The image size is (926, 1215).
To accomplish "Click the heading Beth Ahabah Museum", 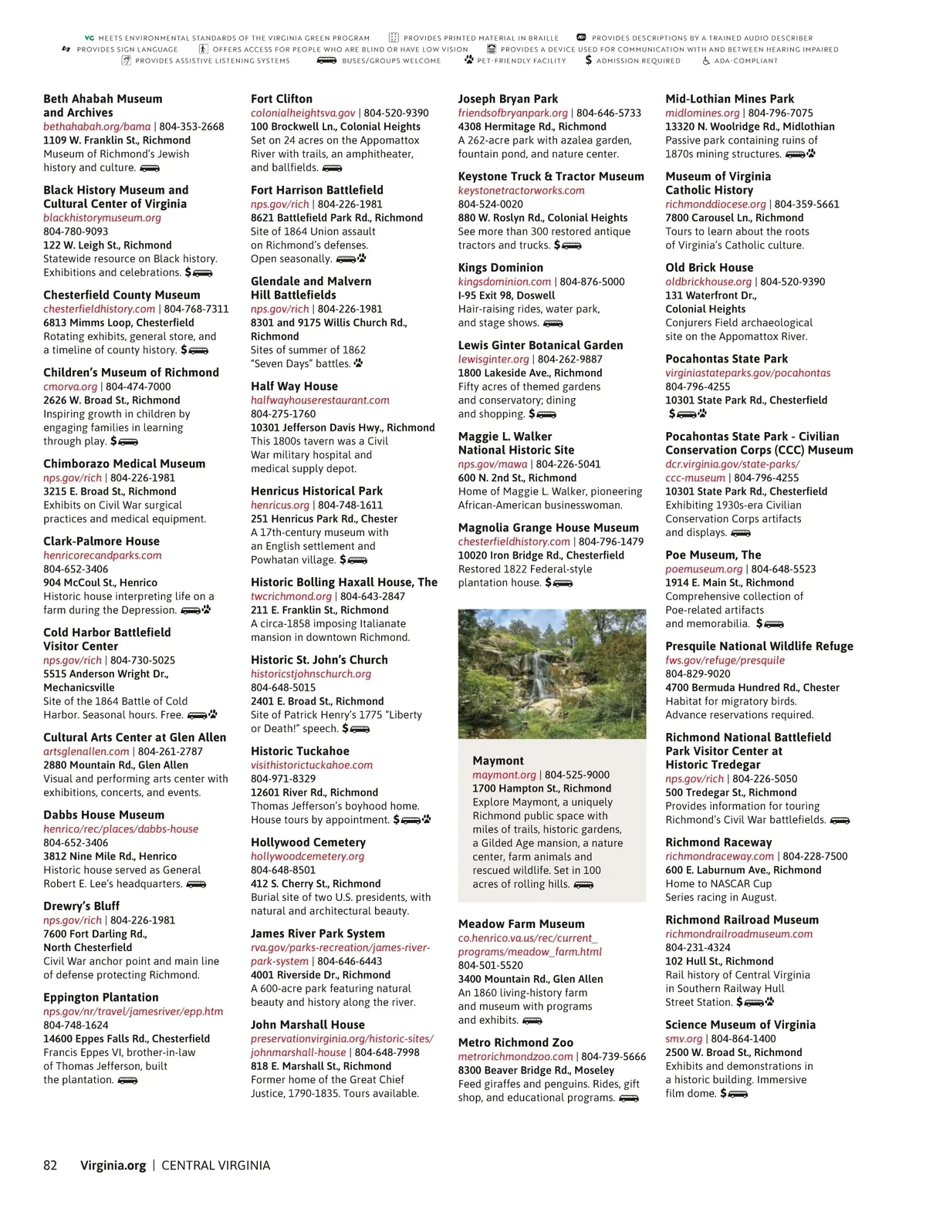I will (103, 99).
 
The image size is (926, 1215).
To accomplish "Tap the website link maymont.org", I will (504, 775).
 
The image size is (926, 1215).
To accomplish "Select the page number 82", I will (50, 1166).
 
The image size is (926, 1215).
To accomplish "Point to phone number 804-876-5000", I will (592, 282).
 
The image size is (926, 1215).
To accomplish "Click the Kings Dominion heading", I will (500, 268).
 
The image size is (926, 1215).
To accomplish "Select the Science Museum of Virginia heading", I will (740, 1024).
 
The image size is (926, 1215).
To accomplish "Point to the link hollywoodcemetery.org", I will (307, 856).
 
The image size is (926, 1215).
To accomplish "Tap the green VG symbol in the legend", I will (89, 38).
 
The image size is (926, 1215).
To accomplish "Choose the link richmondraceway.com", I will (719, 856).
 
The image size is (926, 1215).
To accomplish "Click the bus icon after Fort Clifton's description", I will (332, 168).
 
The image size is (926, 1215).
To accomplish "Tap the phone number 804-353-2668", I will (191, 127).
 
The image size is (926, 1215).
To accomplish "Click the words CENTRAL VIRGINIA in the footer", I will (215, 1166).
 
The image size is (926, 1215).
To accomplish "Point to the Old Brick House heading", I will (709, 268).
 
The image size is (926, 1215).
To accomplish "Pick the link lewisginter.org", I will (493, 359).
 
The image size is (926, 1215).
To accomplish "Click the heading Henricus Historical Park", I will (316, 491).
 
